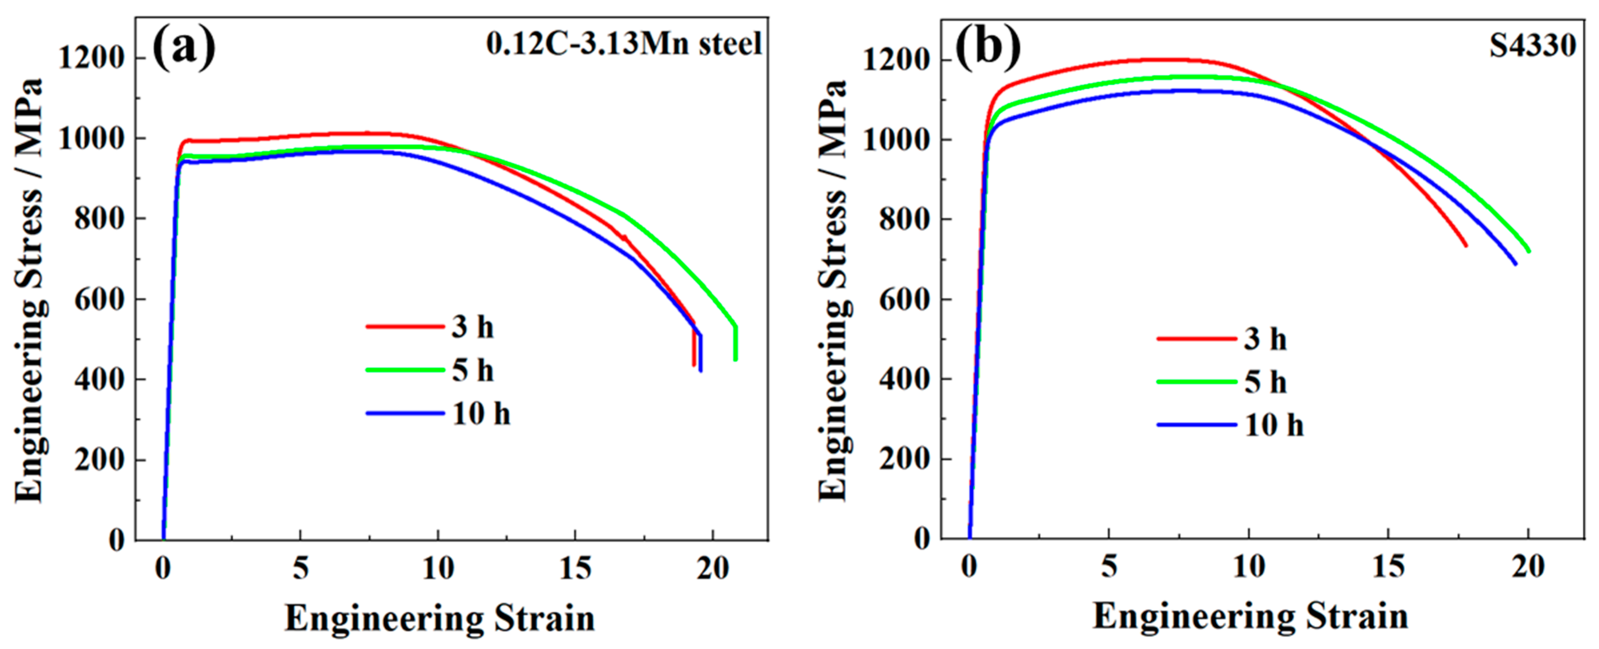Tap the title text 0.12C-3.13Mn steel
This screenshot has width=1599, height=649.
pos(624,44)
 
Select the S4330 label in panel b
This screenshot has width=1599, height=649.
pos(1532,45)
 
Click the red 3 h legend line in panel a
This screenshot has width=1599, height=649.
pos(405,326)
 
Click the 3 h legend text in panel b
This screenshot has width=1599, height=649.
pos(1265,339)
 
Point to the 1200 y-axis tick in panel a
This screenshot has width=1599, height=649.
pos(91,58)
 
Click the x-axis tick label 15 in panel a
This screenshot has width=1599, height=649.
pos(575,568)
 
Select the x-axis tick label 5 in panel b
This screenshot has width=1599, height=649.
pos(1109,566)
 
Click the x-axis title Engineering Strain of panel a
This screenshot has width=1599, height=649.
pos(439,619)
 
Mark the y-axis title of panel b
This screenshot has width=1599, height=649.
pos(832,291)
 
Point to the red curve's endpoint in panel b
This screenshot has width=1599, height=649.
pos(1466,245)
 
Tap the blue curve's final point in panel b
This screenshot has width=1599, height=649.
pos(1515,263)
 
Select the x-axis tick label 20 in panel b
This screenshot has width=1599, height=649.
pos(1527,566)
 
